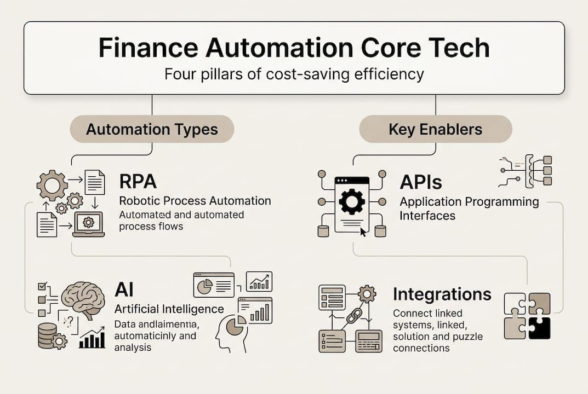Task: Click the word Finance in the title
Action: [x=147, y=48]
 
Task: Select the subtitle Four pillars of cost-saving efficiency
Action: [x=294, y=74]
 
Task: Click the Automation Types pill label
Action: [x=152, y=130]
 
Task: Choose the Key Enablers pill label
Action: [x=435, y=130]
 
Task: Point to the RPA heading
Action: [x=139, y=182]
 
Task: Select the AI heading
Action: [x=124, y=289]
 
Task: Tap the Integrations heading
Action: [x=442, y=294]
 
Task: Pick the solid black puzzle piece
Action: [x=539, y=328]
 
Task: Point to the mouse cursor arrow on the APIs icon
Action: [x=363, y=231]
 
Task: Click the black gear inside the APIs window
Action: [x=351, y=201]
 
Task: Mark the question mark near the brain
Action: [x=68, y=322]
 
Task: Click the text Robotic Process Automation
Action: [x=195, y=201]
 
